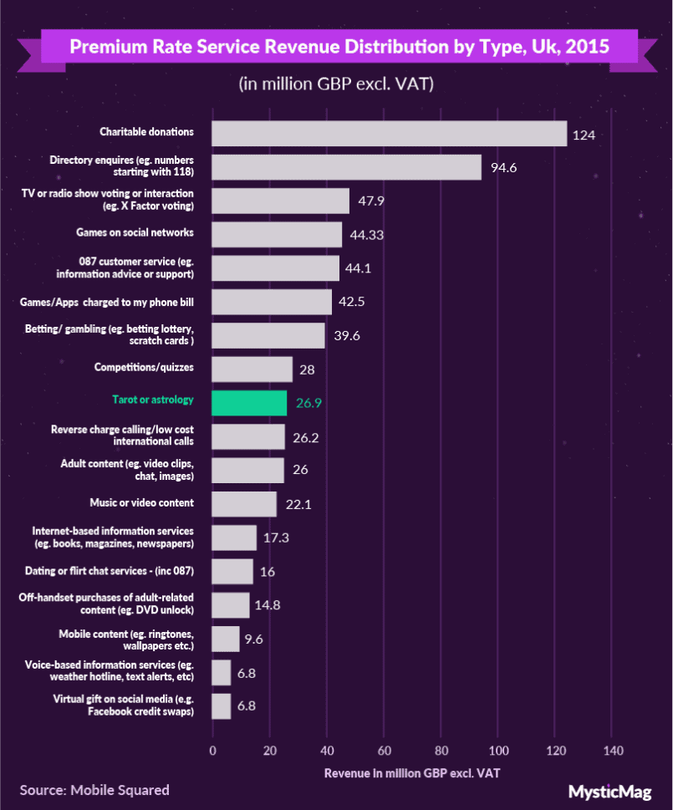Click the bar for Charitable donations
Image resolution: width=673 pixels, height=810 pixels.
tap(389, 134)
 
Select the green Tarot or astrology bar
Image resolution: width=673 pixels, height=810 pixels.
tap(249, 403)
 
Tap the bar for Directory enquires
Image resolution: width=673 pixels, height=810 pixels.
tap(346, 167)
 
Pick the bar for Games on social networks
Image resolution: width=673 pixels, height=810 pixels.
tap(277, 234)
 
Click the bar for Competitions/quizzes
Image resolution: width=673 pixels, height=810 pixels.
tap(252, 369)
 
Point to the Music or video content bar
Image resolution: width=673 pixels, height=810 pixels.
tap(244, 504)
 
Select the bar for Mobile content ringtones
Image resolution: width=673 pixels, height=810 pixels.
tap(226, 639)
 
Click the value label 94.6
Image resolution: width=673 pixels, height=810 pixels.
tap(504, 167)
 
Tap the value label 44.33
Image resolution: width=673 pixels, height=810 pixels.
tap(367, 235)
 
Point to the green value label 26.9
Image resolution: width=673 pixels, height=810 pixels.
tap(308, 403)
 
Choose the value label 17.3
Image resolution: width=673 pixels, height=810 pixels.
tap(276, 537)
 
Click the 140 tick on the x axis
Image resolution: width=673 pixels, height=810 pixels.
tap(612, 751)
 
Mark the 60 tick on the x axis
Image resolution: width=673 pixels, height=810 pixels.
tap(384, 751)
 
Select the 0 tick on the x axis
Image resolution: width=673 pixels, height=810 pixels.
tap(212, 751)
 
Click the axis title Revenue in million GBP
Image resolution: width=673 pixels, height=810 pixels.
tap(412, 772)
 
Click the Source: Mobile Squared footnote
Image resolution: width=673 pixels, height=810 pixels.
tap(94, 790)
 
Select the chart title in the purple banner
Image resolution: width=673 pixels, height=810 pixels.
tap(339, 47)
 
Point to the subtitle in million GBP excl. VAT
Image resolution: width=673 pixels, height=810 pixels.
tap(336, 84)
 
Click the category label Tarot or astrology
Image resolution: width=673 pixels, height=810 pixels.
tap(153, 400)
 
